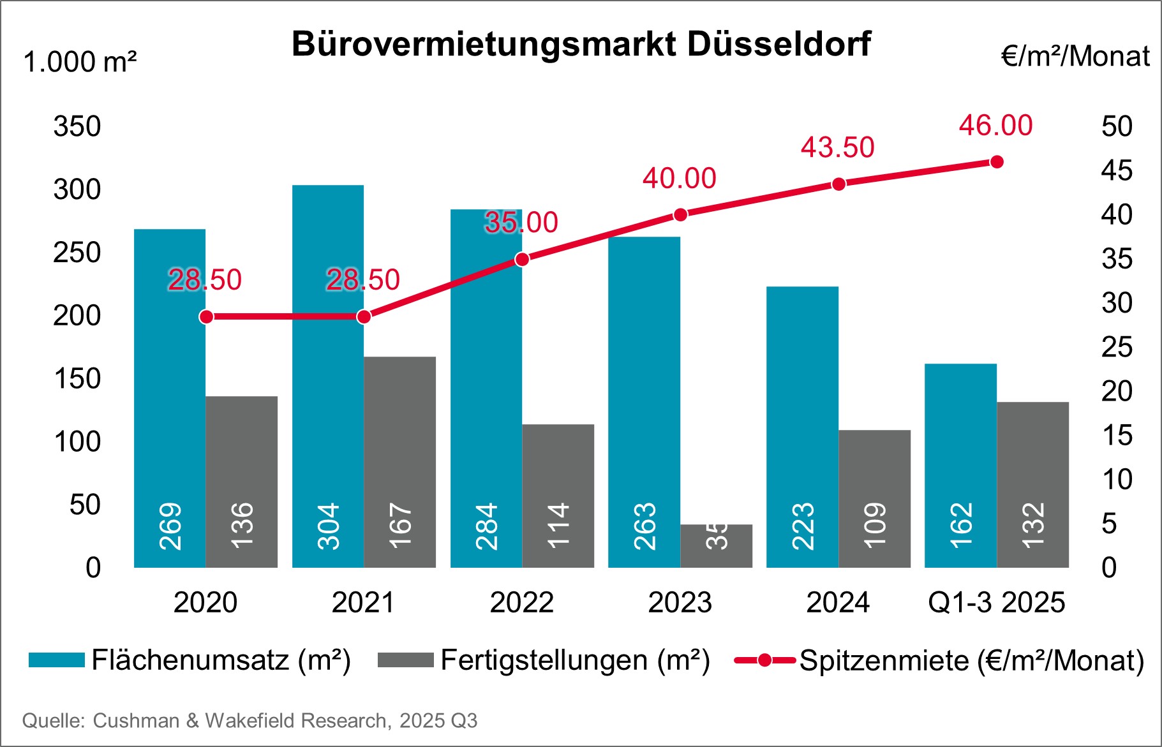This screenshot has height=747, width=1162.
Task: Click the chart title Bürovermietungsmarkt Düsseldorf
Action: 581,45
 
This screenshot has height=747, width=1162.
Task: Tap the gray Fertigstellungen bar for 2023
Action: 716,546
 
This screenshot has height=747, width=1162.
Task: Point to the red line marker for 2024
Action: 838,184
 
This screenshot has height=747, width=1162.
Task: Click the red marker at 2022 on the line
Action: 522,260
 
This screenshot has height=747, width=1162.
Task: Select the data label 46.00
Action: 995,126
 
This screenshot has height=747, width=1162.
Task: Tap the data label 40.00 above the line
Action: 679,179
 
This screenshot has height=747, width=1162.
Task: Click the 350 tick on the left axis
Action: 77,126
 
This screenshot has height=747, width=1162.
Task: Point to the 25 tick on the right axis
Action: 1117,347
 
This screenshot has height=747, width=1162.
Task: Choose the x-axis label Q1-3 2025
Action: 996,602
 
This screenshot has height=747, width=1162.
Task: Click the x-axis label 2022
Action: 521,602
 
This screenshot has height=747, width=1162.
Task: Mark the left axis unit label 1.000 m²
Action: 80,63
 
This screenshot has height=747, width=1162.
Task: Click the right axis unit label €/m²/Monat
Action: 1075,56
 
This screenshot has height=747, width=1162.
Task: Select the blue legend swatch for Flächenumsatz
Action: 57,660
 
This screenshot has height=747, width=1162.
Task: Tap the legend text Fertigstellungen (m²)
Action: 575,660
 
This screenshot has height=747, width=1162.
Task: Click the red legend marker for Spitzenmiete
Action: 764,660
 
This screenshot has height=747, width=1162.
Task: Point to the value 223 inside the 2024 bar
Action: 803,527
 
